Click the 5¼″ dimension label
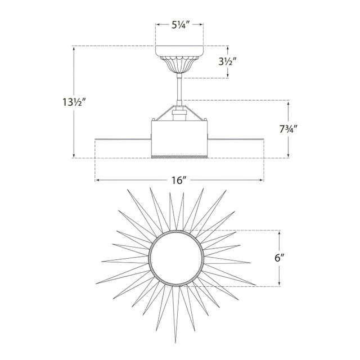pyautogui.click(x=180, y=25)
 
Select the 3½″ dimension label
pyautogui.click(x=227, y=61)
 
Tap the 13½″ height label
pyautogui.click(x=74, y=102)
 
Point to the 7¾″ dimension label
pyautogui.click(x=288, y=130)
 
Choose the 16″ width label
pyautogui.click(x=179, y=180)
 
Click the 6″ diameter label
pyautogui.click(x=280, y=258)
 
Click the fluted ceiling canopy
pyautogui.click(x=179, y=59)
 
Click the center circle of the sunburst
pyautogui.click(x=176, y=258)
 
